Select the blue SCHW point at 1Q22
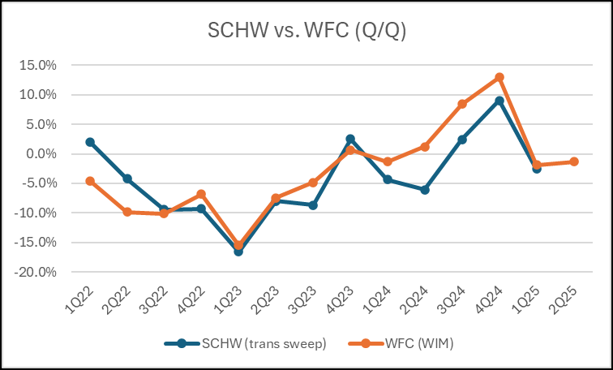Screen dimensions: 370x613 pyautogui.click(x=90, y=142)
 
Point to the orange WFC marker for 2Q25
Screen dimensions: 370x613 pyautogui.click(x=574, y=161)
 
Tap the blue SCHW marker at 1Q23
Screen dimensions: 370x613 pyautogui.click(x=238, y=252)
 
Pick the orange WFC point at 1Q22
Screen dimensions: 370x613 pyautogui.click(x=90, y=181)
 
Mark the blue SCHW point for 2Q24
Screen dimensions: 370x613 pyautogui.click(x=425, y=189)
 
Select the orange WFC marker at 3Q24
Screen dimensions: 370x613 pyautogui.click(x=462, y=104)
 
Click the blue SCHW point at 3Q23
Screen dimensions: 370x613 pyautogui.click(x=313, y=205)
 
